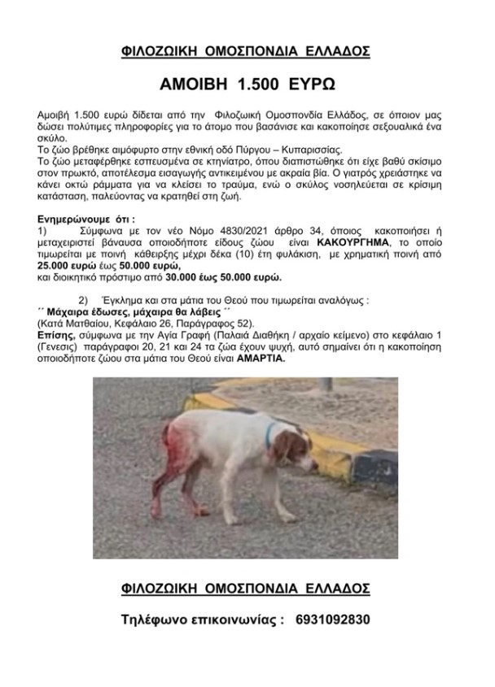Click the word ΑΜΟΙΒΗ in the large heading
[195, 85]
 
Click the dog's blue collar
[268, 437]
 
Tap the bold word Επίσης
[57, 333]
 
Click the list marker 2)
[83, 299]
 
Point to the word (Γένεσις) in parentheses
[61, 345]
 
